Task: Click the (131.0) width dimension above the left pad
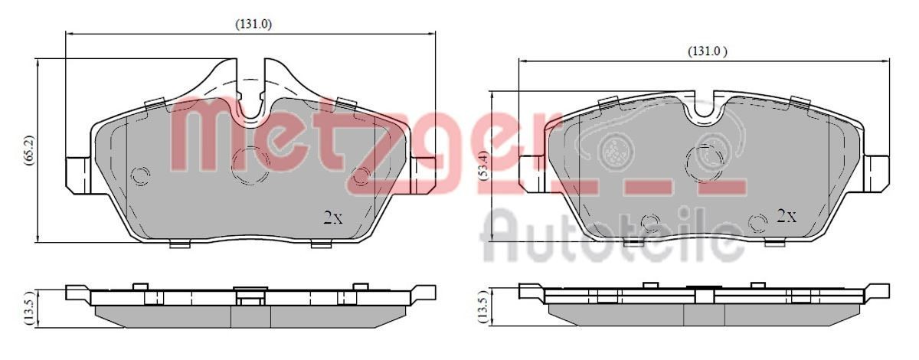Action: [x=253, y=24]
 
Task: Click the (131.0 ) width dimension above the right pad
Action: [x=705, y=51]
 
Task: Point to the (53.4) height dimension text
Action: [x=482, y=166]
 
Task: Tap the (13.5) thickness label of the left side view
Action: [x=29, y=307]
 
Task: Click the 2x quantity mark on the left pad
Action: [x=332, y=218]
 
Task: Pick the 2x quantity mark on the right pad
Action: [x=787, y=216]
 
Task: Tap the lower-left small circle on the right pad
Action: [x=650, y=223]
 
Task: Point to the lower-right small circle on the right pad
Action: [x=757, y=223]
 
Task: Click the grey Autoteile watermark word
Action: [x=613, y=234]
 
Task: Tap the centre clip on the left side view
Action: [x=247, y=295]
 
